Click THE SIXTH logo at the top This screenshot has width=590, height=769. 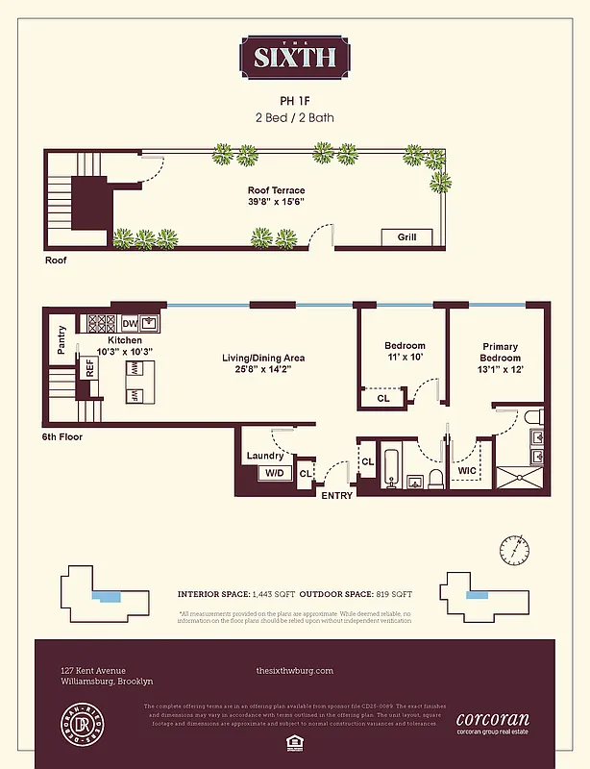tap(295, 55)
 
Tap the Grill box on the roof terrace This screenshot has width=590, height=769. tap(407, 236)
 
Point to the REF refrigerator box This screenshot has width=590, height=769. tap(89, 368)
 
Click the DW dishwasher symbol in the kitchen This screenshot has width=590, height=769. tap(129, 324)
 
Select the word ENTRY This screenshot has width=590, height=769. tap(336, 496)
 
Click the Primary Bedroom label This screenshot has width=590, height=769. tap(500, 352)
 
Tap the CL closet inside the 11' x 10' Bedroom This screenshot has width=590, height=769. tap(382, 397)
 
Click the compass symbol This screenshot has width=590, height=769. tap(513, 551)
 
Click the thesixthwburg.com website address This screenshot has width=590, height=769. tap(295, 671)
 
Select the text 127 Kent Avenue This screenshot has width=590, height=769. tap(92, 671)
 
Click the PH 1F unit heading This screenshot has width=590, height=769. tap(295, 99)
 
